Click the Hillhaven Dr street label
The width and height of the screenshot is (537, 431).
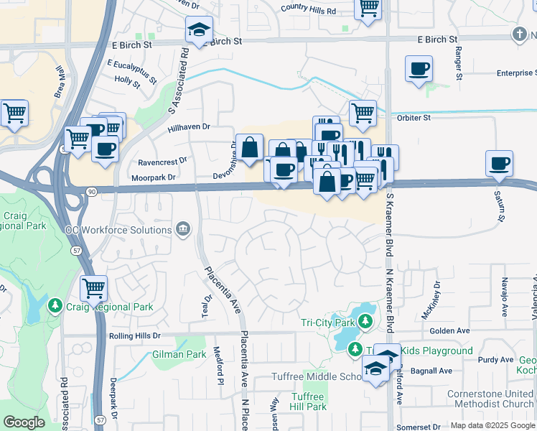188,126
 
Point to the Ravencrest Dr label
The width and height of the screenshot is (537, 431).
162,160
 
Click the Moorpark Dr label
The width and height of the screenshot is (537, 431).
154,177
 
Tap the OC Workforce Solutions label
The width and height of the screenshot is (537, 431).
118,230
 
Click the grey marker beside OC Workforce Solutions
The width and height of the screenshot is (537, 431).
183,229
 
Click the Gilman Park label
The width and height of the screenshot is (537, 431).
179,354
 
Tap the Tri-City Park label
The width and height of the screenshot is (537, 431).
327,322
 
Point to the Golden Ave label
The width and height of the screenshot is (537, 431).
451,330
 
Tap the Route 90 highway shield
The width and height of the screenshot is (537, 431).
91,191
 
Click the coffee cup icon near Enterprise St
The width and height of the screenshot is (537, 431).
419,69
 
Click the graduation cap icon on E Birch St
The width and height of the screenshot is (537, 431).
199,30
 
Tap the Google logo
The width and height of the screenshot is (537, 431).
24,422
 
